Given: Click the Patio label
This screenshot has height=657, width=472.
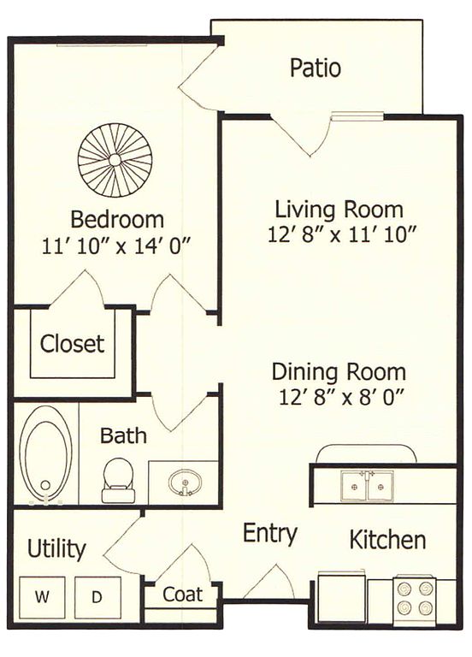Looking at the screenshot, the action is [316, 68].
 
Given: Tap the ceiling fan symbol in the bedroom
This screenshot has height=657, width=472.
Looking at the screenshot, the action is [115, 160].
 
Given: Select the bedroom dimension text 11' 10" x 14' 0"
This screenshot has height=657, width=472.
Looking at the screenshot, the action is [116, 246].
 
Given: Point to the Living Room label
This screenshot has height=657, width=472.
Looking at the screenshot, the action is [339, 210].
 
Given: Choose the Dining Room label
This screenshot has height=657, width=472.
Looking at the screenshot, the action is [339, 372].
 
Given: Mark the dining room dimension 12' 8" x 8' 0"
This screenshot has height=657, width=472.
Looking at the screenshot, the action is [341, 397].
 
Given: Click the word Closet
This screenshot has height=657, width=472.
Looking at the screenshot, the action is [72, 344].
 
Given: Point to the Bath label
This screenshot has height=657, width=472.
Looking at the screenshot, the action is [123, 435].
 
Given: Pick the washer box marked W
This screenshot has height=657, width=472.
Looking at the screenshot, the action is [42, 597].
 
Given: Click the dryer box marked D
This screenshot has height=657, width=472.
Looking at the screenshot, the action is [97, 597].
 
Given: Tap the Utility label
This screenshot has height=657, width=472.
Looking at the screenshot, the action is [56, 549].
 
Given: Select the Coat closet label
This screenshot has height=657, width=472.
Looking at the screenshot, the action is [183, 595].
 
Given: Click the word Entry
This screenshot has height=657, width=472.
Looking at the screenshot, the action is [270, 534].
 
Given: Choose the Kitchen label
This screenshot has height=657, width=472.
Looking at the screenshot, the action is [387, 540].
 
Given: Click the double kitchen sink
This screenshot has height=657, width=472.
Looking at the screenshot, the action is [368, 486].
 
